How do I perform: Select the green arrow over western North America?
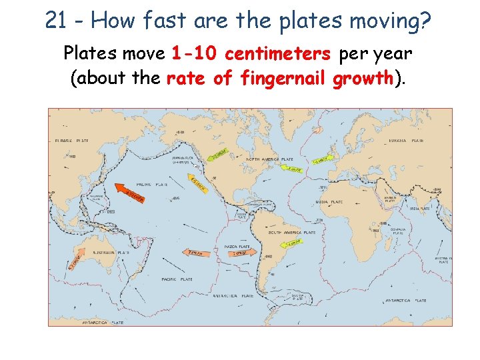[221, 155]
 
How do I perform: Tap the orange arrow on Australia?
[75, 261]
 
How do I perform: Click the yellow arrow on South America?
[293, 243]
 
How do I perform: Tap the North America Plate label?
[271, 160]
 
